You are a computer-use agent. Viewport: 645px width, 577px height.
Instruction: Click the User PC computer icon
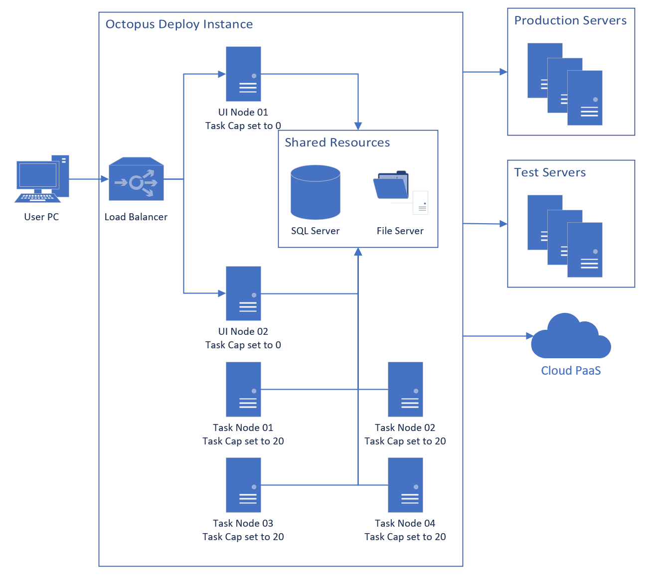click(x=41, y=179)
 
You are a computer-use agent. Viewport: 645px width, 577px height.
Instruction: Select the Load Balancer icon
click(x=136, y=180)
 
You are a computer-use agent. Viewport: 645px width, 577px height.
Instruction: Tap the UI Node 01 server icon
click(x=243, y=74)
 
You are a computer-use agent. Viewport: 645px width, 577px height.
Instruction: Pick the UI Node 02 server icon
click(x=243, y=293)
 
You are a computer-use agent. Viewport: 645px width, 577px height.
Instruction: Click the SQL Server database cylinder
click(x=315, y=192)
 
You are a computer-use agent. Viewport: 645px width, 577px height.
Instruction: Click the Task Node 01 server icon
click(x=243, y=389)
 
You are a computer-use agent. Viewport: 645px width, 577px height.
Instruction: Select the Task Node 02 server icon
click(x=405, y=389)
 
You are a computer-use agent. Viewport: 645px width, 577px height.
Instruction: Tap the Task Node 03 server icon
click(x=243, y=485)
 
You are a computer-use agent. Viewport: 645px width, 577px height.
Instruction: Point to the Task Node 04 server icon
click(x=405, y=485)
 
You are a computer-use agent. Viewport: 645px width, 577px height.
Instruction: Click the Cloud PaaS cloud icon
click(x=571, y=337)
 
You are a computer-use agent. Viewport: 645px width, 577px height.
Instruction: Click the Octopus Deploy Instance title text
click(x=179, y=24)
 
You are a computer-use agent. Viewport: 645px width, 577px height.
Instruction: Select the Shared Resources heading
click(x=337, y=143)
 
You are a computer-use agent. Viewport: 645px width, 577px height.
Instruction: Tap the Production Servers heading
click(x=570, y=20)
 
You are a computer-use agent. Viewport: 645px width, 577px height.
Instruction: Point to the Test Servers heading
click(x=550, y=172)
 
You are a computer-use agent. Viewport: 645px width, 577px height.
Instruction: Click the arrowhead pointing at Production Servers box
click(x=503, y=72)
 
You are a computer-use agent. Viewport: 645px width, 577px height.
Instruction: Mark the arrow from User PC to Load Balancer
click(x=89, y=179)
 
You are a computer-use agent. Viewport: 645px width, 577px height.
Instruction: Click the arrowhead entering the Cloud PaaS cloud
click(x=529, y=336)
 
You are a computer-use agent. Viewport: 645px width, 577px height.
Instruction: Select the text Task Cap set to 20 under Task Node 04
click(x=405, y=537)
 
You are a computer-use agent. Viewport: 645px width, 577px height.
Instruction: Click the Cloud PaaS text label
click(x=571, y=371)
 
